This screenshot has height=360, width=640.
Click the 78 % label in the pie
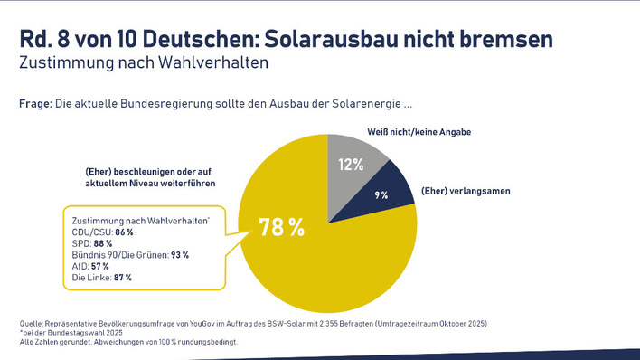tap(282, 227)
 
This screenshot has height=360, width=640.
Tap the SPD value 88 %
tap(103, 243)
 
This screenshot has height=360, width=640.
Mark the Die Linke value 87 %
tap(122, 278)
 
